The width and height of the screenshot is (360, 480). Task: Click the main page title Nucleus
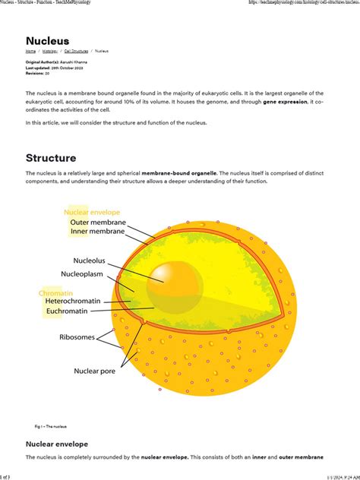click(x=47, y=40)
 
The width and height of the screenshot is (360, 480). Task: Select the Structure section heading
click(x=51, y=158)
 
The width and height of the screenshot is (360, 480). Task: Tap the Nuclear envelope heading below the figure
click(x=57, y=444)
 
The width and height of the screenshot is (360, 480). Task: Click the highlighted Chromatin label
click(x=55, y=292)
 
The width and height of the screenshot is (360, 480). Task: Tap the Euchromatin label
click(x=77, y=311)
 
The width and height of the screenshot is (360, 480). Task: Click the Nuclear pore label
click(x=94, y=371)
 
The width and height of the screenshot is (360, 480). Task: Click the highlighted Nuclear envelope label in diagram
click(x=92, y=212)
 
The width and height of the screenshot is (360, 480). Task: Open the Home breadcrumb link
click(x=30, y=51)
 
